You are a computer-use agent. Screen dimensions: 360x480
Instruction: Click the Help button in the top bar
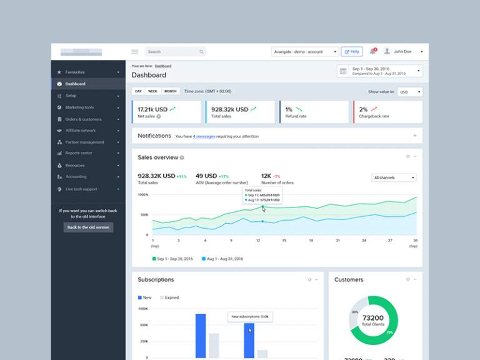pos(351,52)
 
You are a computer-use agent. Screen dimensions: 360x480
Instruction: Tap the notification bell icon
pos(373,51)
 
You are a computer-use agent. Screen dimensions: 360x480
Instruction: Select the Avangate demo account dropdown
pos(305,52)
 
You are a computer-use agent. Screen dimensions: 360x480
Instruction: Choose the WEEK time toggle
pos(152,91)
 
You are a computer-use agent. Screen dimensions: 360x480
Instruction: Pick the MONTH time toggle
pos(171,91)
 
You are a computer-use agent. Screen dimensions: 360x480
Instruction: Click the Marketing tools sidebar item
pos(79,107)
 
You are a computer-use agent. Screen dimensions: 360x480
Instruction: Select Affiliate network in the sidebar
pos(81,131)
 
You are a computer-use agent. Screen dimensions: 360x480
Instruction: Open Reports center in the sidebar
pos(79,153)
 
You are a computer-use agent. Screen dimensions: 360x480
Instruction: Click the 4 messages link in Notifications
pos(204,136)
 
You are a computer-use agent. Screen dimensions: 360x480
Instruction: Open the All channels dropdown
pos(394,178)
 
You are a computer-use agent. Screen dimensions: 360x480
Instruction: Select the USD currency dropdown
pos(409,92)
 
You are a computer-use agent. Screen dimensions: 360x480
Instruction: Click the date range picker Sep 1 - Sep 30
pos(380,71)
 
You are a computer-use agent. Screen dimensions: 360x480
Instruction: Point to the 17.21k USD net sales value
pos(152,109)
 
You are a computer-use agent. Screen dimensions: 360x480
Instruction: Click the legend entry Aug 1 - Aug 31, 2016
pos(222,259)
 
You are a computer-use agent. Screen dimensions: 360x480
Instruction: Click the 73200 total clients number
pos(372,318)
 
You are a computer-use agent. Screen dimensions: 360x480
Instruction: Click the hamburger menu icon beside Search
pos(135,52)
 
